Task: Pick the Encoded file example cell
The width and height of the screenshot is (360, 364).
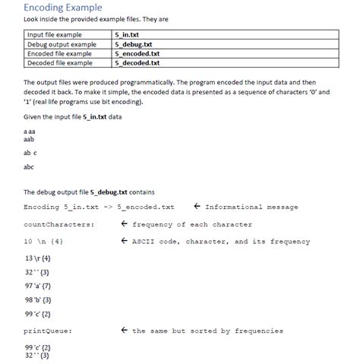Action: (x=59, y=53)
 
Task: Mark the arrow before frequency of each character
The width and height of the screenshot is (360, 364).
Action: (x=123, y=224)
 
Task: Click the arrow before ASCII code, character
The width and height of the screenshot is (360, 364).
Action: (x=123, y=242)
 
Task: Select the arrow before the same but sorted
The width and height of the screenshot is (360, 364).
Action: (x=123, y=331)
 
